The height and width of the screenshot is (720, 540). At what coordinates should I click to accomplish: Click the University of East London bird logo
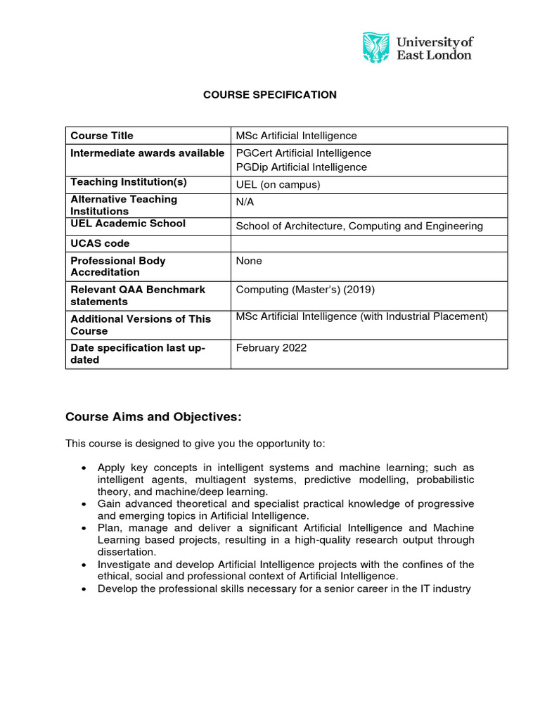(375, 47)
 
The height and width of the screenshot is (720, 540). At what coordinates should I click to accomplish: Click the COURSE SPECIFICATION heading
(270, 95)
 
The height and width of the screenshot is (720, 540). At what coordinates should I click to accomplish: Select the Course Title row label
(102, 136)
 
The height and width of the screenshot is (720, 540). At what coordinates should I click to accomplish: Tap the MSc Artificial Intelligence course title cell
(296, 136)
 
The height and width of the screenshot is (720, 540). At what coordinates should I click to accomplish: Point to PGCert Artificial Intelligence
(303, 153)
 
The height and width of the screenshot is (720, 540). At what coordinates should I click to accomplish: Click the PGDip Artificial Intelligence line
(301, 167)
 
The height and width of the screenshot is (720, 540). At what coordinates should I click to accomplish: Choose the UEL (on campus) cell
(278, 185)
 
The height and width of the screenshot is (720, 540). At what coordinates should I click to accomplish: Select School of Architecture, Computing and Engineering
(359, 226)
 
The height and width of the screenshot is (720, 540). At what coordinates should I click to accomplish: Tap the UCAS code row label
(100, 244)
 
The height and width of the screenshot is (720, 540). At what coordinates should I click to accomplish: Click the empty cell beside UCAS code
(368, 244)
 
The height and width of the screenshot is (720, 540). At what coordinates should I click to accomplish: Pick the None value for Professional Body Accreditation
(249, 261)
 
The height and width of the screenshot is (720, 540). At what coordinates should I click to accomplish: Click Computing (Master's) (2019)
(302, 290)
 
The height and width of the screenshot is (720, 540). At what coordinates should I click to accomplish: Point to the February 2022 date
(271, 348)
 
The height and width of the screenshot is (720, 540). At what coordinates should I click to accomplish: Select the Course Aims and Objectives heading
(153, 418)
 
